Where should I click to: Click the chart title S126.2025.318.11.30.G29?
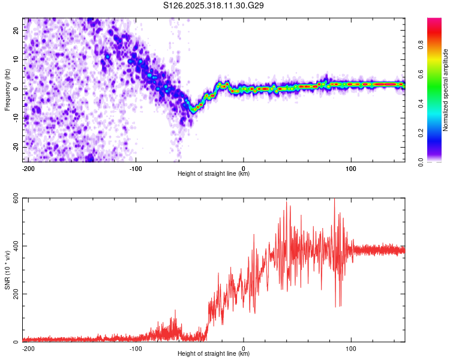[214, 6]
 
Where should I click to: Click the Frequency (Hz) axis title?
[7, 90]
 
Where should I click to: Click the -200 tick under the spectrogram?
[27, 167]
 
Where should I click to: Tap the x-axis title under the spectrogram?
[214, 174]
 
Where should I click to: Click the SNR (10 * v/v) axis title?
[7, 270]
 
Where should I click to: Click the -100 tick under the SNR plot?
[136, 348]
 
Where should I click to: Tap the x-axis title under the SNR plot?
[214, 354]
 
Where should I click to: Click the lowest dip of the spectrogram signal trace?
[193, 110]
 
